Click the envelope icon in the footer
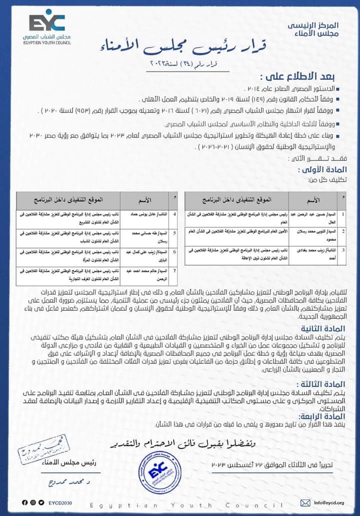click(x=305, y=502)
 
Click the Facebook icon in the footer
click(x=25, y=502)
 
